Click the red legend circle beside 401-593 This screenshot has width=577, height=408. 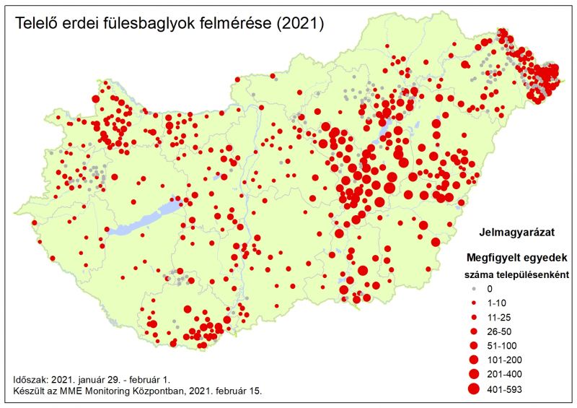[473, 389]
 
